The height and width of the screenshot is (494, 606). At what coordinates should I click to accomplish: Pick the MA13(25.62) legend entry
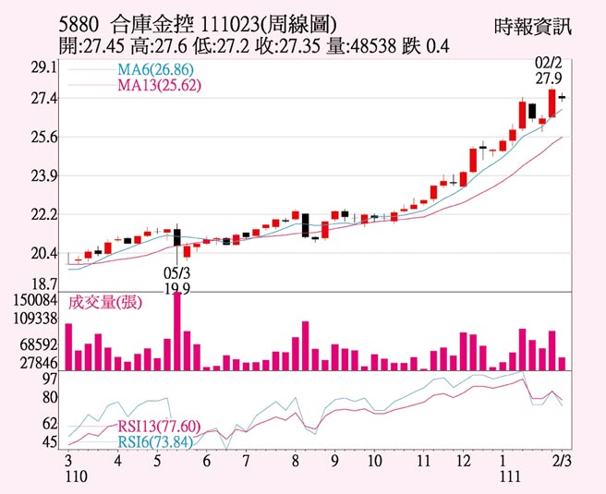click(158, 85)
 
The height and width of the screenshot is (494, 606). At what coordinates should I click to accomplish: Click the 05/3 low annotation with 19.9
click(176, 281)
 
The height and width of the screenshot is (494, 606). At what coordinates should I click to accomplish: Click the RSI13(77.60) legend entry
click(159, 426)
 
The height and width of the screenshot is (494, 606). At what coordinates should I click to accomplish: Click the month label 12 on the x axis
click(462, 459)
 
